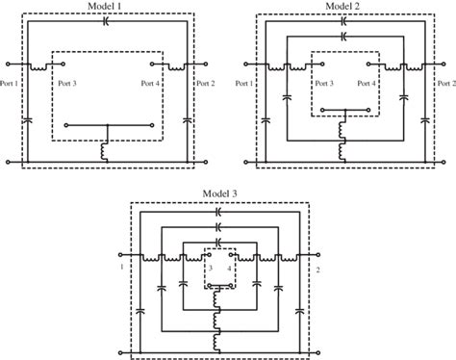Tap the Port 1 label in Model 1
[9, 84]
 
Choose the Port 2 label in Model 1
[205, 84]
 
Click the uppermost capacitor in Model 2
[343, 20]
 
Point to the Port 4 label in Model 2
[366, 84]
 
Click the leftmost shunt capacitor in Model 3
[142, 309]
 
